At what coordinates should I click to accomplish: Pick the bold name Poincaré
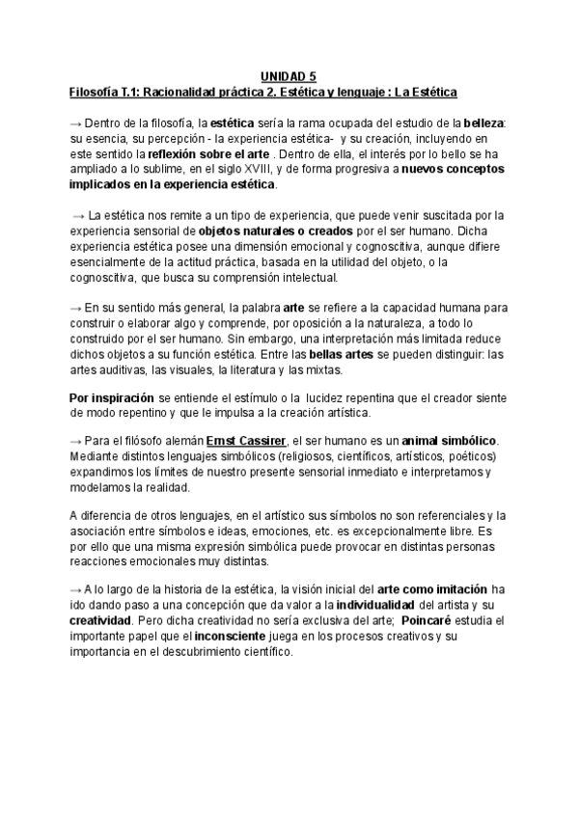pos(435,620)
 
